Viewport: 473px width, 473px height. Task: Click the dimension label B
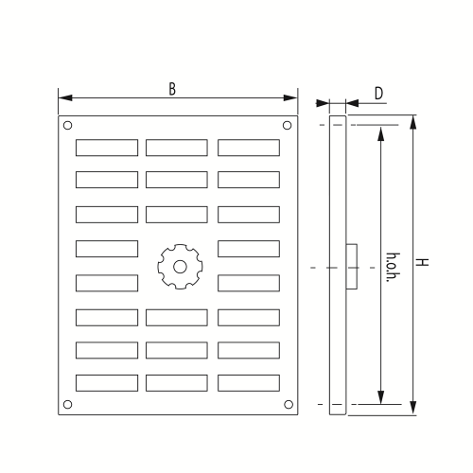tap(172, 89)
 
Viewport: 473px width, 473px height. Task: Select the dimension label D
tap(378, 94)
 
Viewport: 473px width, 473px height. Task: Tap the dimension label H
tap(422, 262)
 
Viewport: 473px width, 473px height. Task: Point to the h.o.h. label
tap(393, 267)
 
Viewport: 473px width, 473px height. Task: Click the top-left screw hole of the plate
tap(67, 125)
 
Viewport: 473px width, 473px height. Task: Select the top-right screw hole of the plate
tap(287, 125)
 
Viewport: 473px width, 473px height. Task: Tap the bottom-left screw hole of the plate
tap(67, 404)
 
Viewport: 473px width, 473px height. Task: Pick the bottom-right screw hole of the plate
tap(289, 404)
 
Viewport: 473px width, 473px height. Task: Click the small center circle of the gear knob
tap(180, 267)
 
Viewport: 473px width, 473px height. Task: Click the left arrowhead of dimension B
tap(65, 97)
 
